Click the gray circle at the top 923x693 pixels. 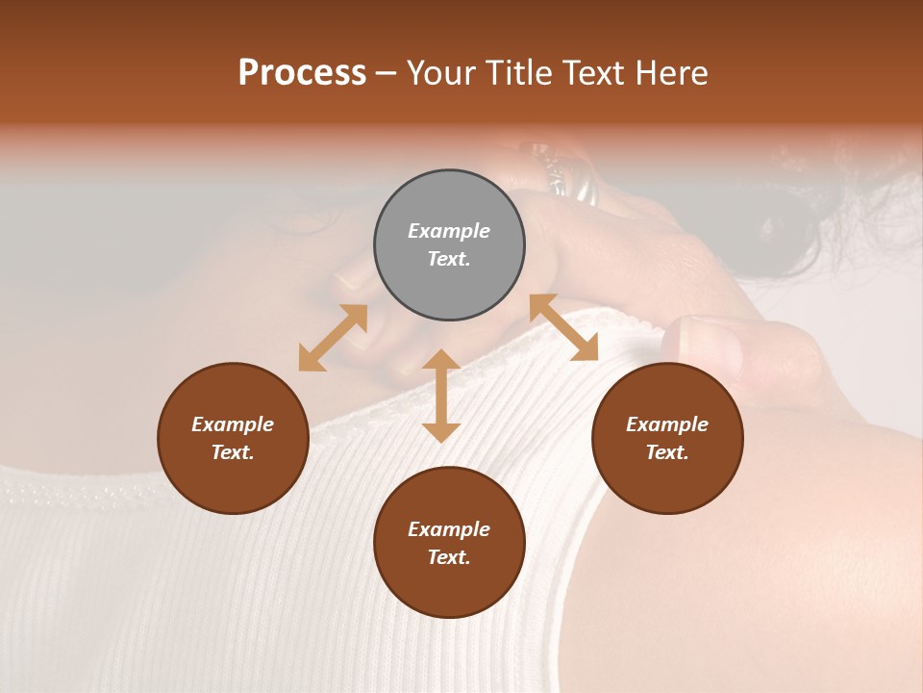449,245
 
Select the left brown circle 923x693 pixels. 233,438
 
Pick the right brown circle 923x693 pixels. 667,438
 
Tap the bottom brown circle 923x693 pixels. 449,543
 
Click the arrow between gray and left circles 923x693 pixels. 333,338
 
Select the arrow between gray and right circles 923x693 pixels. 563,327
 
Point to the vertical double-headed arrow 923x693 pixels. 441,396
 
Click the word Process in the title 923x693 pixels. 302,73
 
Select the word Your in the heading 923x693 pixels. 442,73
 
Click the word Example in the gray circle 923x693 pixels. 449,231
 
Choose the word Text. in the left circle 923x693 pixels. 233,452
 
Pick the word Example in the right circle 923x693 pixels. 667,424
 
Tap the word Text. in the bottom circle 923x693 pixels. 449,557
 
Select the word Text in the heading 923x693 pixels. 594,73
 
